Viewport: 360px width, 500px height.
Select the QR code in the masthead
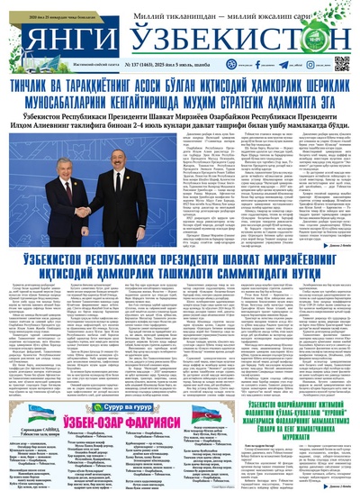(342, 64)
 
